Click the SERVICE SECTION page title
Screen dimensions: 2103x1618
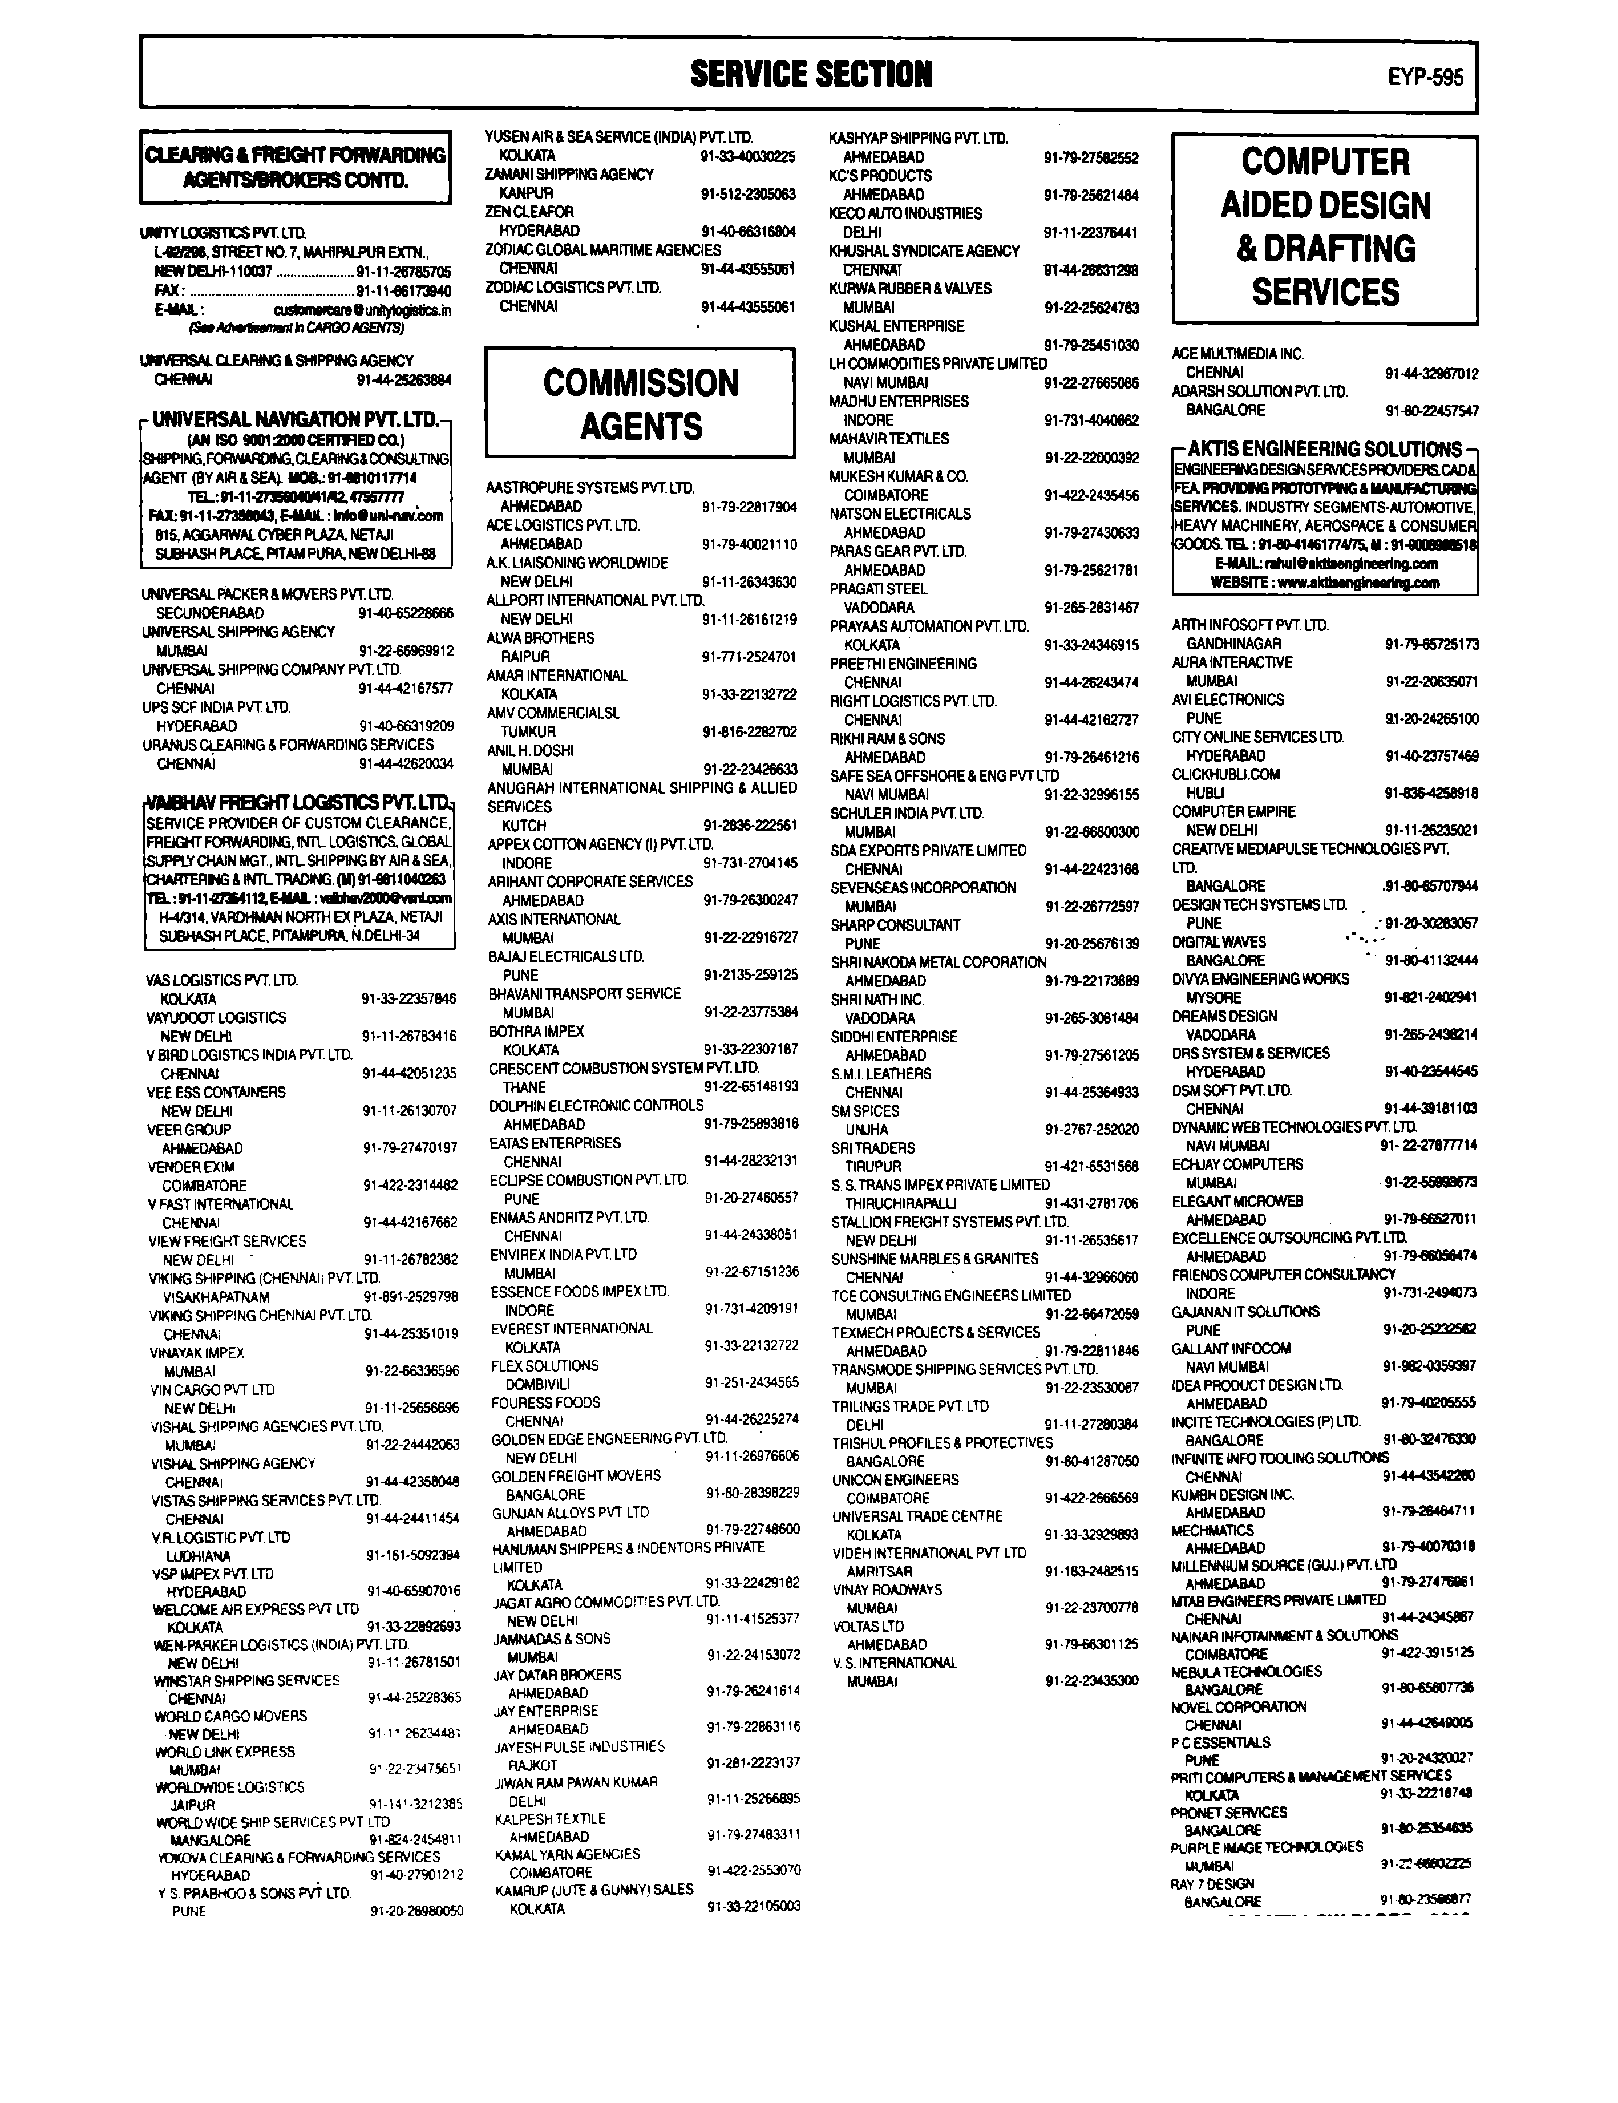pyautogui.click(x=811, y=74)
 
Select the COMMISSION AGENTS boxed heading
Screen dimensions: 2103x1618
pyautogui.click(x=641, y=403)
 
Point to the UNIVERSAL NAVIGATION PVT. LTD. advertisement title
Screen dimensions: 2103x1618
pyautogui.click(x=296, y=420)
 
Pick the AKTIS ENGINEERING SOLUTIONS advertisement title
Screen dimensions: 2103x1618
pyautogui.click(x=1325, y=448)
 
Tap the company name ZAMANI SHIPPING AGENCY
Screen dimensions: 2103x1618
pyautogui.click(x=569, y=174)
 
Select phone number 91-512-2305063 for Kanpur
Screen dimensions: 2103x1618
pyautogui.click(x=749, y=193)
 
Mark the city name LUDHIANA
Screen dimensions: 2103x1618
pyautogui.click(x=199, y=1555)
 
